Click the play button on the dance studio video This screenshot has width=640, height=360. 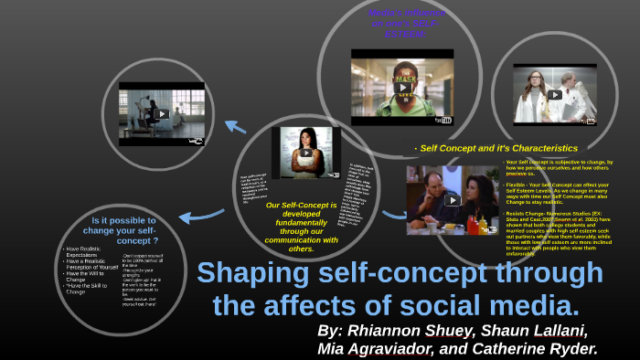(x=162, y=114)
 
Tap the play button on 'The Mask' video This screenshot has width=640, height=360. (x=402, y=88)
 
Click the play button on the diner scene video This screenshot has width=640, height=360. (x=452, y=200)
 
